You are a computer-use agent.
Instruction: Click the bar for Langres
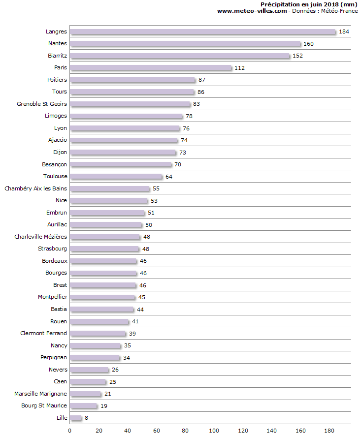coord(202,31)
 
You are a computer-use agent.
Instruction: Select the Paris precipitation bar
coord(151,68)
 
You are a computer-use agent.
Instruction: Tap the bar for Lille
coord(75,418)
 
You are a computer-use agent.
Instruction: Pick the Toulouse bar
coord(116,177)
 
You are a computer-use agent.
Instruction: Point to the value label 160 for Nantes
coord(309,44)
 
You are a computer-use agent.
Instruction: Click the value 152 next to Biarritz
coord(297,56)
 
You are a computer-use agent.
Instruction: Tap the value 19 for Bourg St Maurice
coord(103,406)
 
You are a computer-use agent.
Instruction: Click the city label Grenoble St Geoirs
coord(42,104)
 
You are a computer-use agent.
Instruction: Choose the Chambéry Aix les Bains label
coord(35,188)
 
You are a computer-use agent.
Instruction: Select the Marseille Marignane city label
coord(40,394)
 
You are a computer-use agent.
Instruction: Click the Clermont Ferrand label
coord(43,333)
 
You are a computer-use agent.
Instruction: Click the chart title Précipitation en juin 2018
coord(309,4)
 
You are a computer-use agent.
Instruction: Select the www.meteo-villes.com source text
coord(252,11)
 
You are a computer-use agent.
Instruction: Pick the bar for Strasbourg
coord(104,249)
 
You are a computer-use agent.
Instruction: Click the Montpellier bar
coord(102,297)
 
